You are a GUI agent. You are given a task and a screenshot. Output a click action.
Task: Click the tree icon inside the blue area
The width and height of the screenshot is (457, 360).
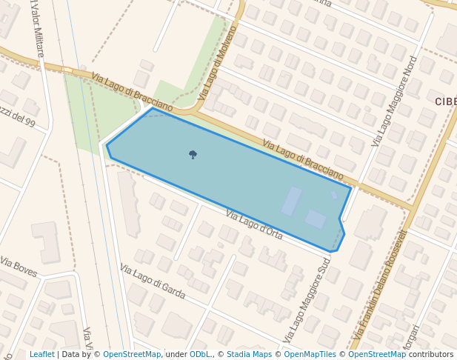(x=193, y=154)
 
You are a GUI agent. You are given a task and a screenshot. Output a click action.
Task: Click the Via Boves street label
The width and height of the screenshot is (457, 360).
(x=19, y=267)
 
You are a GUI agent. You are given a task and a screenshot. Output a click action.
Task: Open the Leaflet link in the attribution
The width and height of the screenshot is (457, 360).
(x=41, y=355)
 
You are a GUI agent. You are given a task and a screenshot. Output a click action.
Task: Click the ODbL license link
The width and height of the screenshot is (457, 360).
(x=200, y=355)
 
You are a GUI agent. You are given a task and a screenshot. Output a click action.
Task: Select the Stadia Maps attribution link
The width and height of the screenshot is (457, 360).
(x=249, y=355)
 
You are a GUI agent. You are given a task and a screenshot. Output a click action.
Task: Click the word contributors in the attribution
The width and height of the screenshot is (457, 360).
(x=431, y=355)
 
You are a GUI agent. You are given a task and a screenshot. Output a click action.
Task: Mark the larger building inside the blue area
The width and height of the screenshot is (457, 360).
(x=291, y=201)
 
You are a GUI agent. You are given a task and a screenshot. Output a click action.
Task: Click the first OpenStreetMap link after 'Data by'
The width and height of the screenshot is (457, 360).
(x=132, y=355)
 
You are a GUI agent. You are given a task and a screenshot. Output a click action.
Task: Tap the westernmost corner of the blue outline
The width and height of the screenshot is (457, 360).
(x=107, y=145)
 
